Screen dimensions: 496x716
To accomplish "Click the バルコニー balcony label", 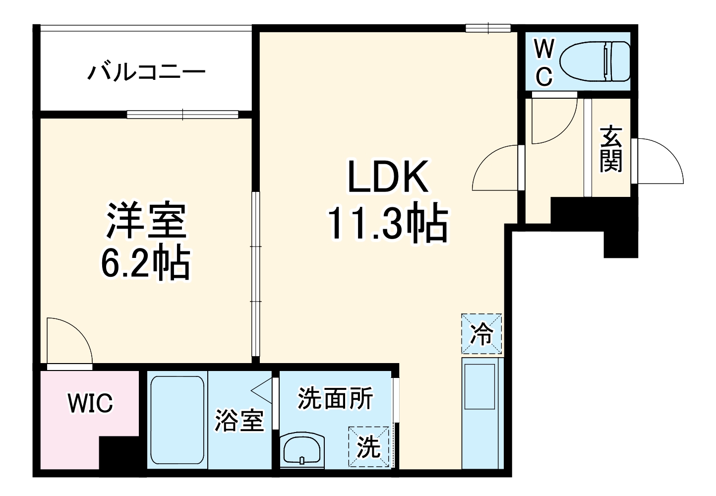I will (146, 72).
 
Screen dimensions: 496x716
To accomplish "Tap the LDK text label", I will (388, 177).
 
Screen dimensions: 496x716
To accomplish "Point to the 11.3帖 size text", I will (388, 224).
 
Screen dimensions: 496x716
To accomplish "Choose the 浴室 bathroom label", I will (239, 421).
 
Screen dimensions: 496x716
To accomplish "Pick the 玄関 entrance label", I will (610, 149).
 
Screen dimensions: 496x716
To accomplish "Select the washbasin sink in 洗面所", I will (302, 449).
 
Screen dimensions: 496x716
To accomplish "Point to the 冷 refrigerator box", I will (481, 334).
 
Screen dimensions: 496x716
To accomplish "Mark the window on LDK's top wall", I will (488, 28).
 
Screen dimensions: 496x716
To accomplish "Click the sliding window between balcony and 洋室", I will (183, 115).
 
